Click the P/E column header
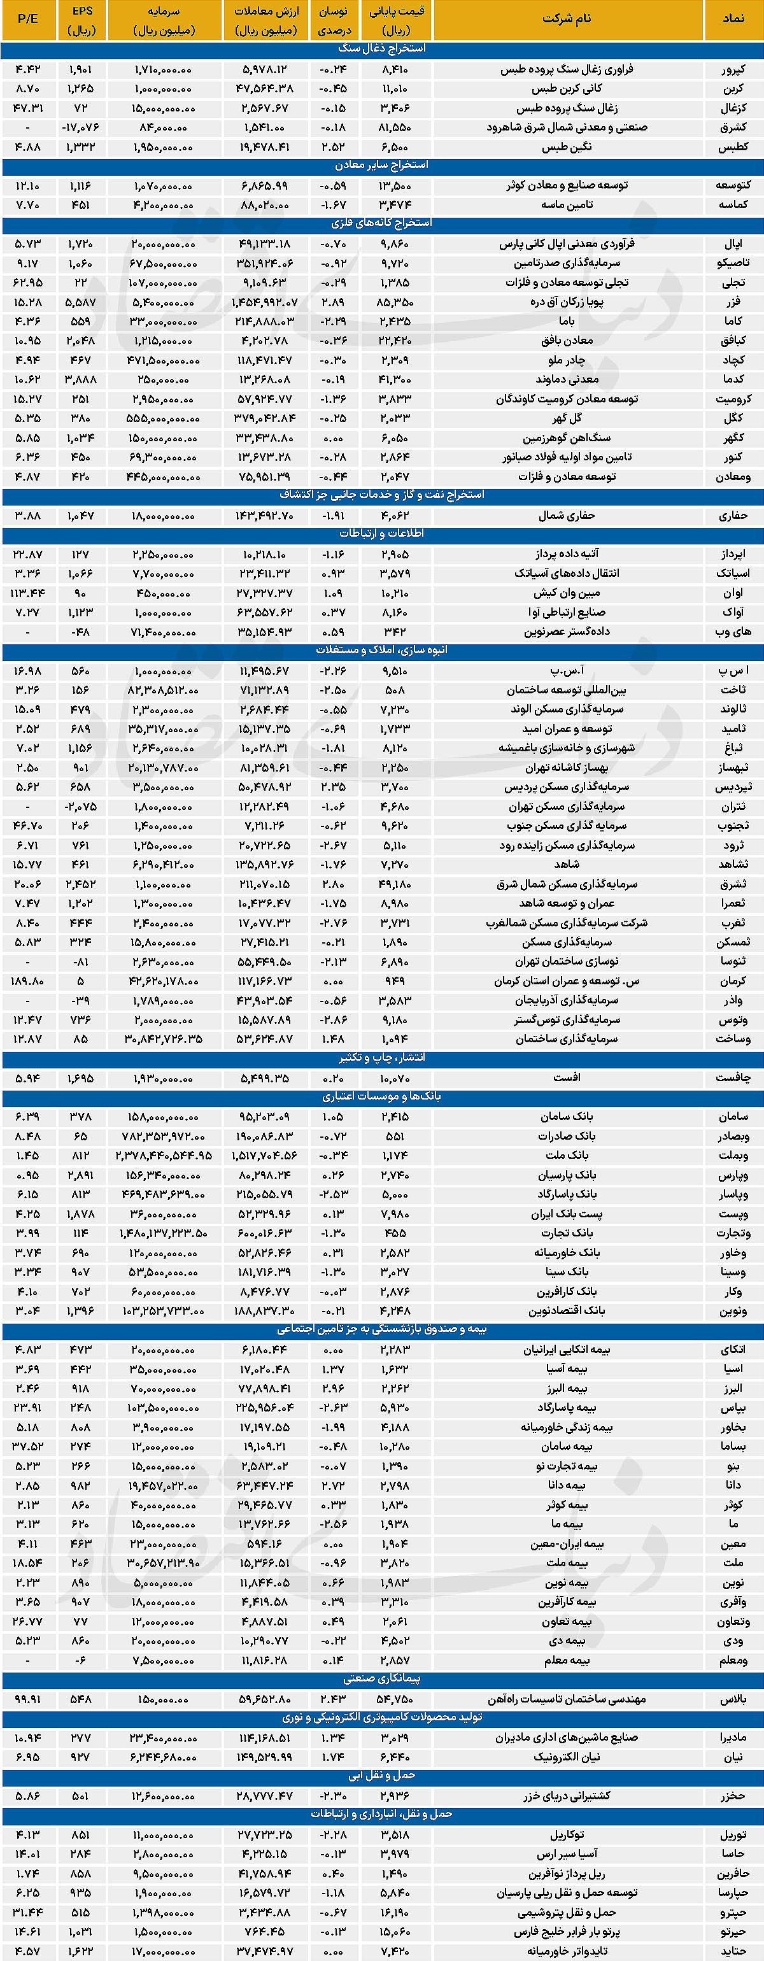(27, 19)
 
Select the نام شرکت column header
(567, 19)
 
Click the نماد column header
(733, 19)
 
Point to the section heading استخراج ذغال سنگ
(382, 49)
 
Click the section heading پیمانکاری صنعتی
(382, 1678)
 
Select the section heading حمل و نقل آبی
(382, 1775)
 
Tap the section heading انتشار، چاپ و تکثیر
(382, 1058)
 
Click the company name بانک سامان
(567, 1116)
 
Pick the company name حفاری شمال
(567, 515)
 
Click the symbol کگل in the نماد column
(733, 418)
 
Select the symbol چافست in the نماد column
(733, 1077)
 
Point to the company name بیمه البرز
(567, 1388)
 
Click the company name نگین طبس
(567, 147)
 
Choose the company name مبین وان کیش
(567, 593)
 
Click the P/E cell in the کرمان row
(27, 980)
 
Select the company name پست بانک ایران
(567, 1214)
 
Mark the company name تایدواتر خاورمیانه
(567, 1950)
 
